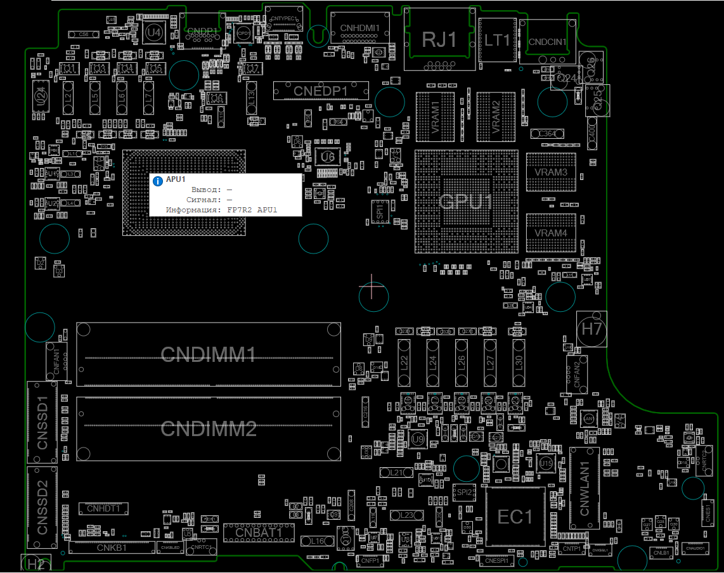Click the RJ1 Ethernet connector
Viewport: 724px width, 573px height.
[439, 40]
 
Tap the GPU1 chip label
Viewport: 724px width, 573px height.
[466, 202]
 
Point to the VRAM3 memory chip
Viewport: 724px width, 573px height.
[550, 172]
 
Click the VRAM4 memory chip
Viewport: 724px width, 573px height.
[550, 233]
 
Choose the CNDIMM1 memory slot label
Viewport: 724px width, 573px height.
[208, 354]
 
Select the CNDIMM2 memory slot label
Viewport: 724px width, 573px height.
[208, 429]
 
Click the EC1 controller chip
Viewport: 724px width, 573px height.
[515, 517]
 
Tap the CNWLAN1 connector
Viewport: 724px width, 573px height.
[585, 488]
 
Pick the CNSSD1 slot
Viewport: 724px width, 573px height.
[42, 423]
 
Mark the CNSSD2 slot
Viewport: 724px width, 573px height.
[42, 507]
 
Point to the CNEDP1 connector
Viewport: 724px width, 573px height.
[320, 91]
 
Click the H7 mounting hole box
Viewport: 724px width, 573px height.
[591, 329]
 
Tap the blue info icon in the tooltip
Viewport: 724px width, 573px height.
[158, 181]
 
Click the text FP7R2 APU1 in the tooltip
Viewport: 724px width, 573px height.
[252, 209]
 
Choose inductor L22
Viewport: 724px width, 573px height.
[404, 363]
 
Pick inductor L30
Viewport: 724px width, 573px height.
[518, 363]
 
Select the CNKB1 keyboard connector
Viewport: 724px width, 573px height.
[112, 547]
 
